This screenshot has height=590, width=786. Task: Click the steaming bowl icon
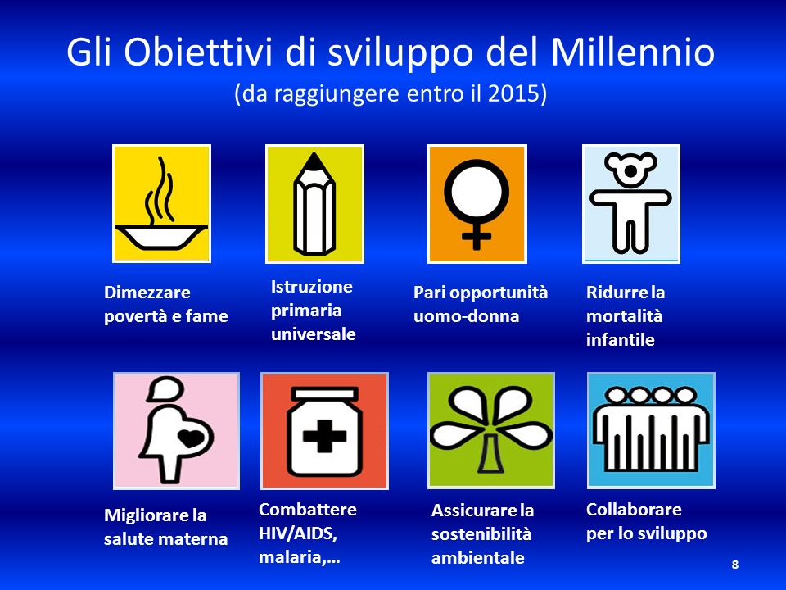161,204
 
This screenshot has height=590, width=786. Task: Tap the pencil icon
314,204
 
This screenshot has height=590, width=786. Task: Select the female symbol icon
477,204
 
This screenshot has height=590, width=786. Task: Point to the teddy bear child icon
630,204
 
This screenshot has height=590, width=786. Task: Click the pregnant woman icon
177,430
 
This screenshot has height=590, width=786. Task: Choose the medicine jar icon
324,430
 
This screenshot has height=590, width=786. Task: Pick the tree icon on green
490,430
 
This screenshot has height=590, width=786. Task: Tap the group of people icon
651,430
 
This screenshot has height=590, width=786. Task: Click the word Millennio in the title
633,52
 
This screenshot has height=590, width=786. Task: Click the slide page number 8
735,565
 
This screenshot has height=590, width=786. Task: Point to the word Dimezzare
147,293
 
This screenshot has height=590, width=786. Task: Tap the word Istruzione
311,287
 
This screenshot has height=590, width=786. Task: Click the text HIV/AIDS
298,533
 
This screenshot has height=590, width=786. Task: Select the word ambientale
477,557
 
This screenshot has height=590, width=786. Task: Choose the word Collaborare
634,509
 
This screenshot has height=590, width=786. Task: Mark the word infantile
620,339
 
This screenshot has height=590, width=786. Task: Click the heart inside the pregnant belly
192,438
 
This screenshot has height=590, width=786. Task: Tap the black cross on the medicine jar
324,435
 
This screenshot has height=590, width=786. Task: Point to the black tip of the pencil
314,162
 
